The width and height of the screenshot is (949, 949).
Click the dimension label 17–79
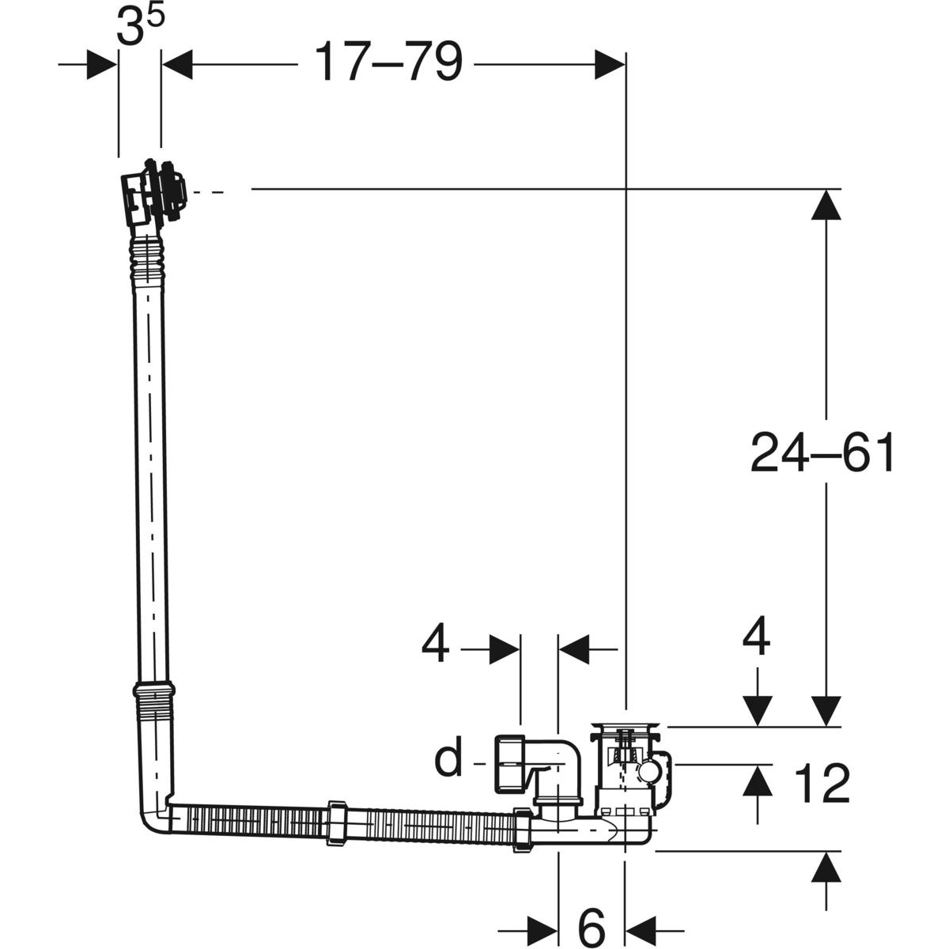(x=388, y=62)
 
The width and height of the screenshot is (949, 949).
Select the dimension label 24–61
(x=822, y=453)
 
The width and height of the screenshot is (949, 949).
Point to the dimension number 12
(x=822, y=784)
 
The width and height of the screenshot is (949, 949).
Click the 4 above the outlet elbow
(x=435, y=644)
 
